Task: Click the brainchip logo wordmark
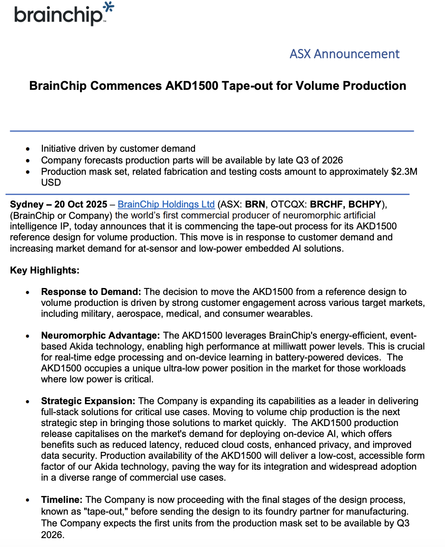[58, 15]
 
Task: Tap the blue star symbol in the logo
[108, 7]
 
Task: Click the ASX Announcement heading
[344, 54]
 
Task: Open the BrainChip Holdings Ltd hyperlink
[166, 204]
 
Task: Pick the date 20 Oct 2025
[81, 204]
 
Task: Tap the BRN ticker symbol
[255, 204]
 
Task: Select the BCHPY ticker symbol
[365, 204]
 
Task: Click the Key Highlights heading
[44, 270]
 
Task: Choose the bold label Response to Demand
[91, 292]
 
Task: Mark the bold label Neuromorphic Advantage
[100, 335]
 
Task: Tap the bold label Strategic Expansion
[88, 401]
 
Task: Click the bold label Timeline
[61, 500]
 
